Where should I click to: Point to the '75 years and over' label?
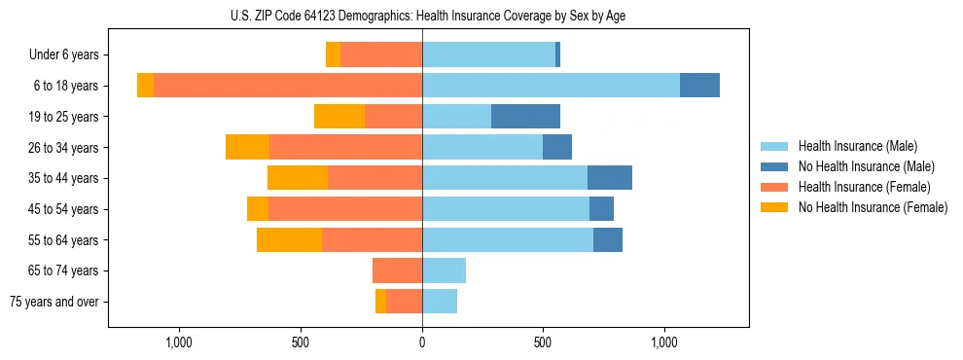[54, 302]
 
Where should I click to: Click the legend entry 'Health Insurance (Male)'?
[858, 146]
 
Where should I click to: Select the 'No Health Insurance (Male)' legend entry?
[866, 166]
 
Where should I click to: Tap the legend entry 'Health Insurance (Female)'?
[864, 187]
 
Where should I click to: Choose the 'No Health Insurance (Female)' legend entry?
[872, 207]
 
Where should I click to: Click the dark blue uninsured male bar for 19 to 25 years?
[525, 117]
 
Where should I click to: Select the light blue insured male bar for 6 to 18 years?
[551, 86]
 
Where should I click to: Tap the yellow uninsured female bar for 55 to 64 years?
[289, 239]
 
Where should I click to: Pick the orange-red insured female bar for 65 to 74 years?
[397, 270]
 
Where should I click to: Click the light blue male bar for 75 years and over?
[440, 302]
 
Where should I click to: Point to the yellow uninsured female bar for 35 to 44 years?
[298, 178]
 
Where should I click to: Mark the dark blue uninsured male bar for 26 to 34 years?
[557, 147]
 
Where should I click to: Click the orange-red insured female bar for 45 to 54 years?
[345, 209]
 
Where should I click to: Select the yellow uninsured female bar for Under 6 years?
[333, 55]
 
